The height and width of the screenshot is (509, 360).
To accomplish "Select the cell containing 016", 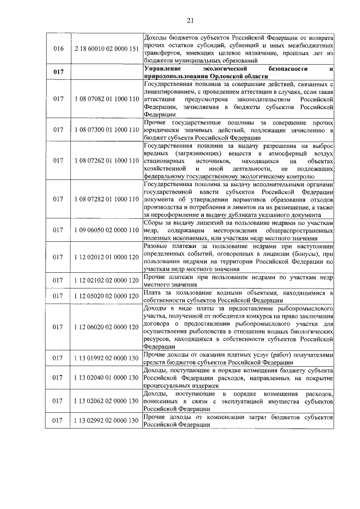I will pos(58,49).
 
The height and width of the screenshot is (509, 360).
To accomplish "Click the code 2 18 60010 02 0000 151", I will pos(106,49).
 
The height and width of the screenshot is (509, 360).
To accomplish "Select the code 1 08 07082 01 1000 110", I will pos(106,99).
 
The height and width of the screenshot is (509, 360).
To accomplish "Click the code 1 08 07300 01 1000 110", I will pos(106,130).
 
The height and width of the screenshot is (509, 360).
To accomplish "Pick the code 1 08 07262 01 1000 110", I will pos(106,160).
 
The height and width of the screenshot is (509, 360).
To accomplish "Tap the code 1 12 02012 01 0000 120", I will pos(106,257).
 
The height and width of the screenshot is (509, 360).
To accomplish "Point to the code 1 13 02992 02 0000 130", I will pos(106,421).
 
